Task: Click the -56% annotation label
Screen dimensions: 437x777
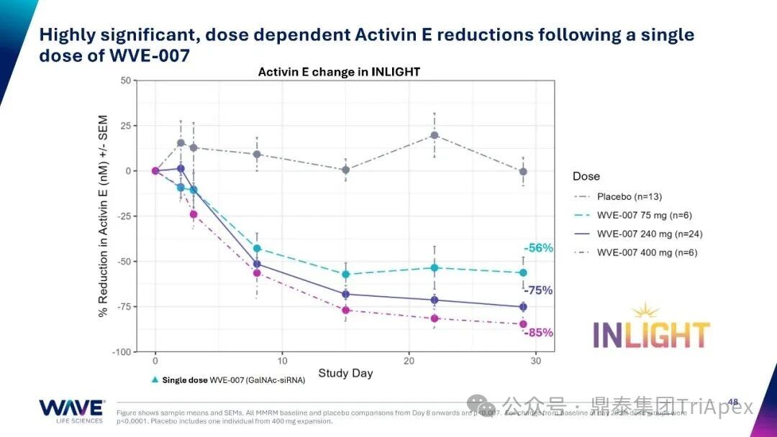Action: click(538, 248)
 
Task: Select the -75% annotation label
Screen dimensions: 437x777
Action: click(537, 290)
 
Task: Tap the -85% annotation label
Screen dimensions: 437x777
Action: click(537, 333)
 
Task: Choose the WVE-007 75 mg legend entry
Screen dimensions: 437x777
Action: click(645, 215)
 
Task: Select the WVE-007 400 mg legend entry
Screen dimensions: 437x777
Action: click(645, 252)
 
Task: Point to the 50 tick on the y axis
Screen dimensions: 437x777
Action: click(125, 80)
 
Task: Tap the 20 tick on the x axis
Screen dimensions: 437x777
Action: click(409, 361)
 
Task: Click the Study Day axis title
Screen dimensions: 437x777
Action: click(345, 373)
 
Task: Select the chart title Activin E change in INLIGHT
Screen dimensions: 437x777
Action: click(339, 72)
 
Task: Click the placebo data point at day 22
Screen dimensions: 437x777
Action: click(435, 135)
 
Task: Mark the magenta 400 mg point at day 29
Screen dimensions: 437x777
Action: click(523, 324)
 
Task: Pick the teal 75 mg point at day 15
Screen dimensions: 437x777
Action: click(346, 274)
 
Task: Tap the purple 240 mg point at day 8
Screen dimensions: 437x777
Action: click(257, 264)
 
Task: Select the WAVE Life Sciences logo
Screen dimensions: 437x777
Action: click(71, 410)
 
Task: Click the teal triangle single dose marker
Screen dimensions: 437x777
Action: click(155, 379)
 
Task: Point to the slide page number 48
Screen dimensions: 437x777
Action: click(733, 402)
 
